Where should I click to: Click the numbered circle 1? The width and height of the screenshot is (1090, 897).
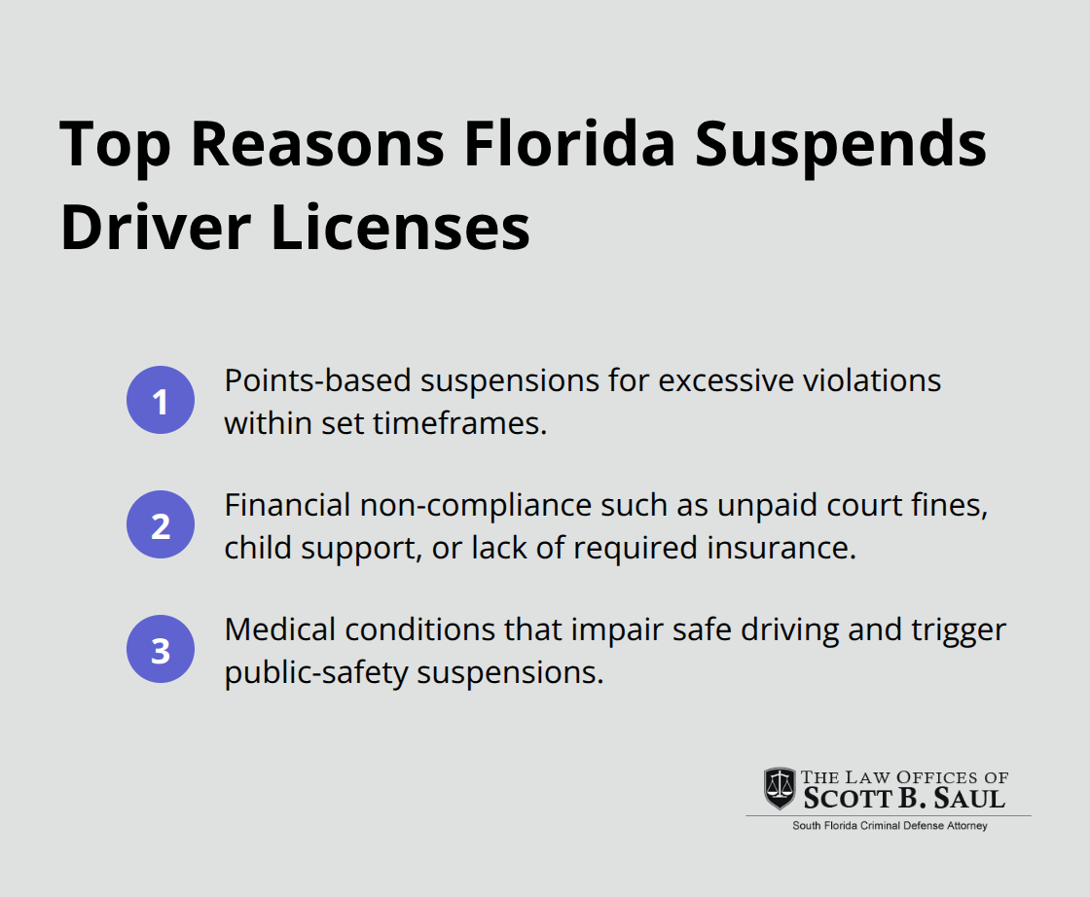[x=161, y=401]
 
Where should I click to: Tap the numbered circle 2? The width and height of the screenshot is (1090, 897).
[x=161, y=525]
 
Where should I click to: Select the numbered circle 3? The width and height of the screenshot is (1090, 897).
[x=161, y=650]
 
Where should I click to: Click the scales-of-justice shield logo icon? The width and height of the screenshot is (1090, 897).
[x=779, y=789]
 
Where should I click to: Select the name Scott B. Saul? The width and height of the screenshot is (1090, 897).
[x=904, y=799]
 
